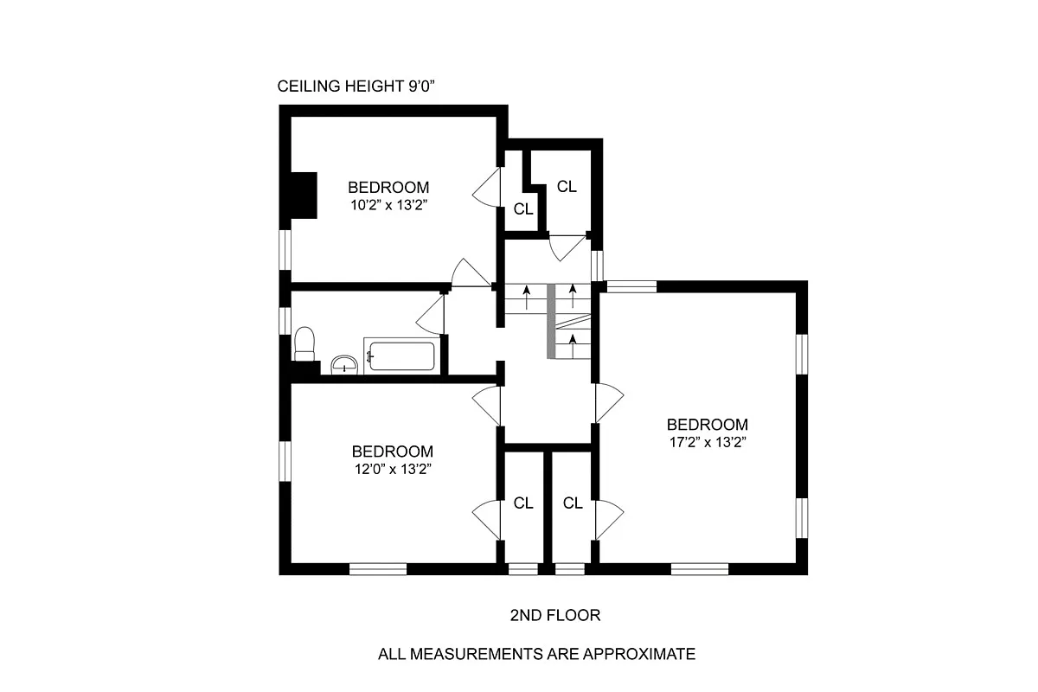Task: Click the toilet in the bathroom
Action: (x=304, y=343)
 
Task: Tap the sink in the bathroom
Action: (x=345, y=365)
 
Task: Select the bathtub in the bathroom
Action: (x=400, y=356)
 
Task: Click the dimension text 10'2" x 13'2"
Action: (x=388, y=205)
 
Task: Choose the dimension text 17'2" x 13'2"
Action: (x=707, y=442)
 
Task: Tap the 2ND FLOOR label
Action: (x=554, y=615)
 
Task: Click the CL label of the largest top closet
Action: (x=567, y=186)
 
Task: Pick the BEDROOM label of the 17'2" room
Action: (x=707, y=425)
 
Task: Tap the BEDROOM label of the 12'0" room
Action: (x=392, y=452)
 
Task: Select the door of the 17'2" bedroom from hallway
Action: (x=609, y=403)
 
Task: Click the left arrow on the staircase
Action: (x=526, y=298)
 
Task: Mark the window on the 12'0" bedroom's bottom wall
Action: (x=378, y=568)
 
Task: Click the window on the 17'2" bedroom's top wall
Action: (x=631, y=286)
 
